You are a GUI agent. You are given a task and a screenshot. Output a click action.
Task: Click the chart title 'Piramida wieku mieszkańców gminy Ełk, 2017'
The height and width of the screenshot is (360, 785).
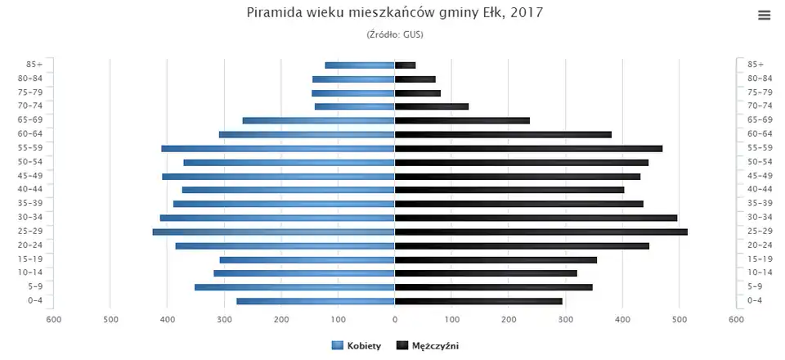click(394, 13)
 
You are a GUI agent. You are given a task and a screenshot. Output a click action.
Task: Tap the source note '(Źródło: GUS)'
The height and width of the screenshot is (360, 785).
click(394, 34)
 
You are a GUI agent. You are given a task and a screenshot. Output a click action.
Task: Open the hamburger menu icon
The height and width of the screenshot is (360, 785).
click(765, 15)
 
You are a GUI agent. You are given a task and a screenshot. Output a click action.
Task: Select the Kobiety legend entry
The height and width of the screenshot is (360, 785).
click(357, 346)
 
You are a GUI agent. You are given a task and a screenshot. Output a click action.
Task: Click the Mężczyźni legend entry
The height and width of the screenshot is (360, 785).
click(428, 346)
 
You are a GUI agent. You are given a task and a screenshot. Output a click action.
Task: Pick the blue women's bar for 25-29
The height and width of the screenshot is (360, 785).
click(274, 232)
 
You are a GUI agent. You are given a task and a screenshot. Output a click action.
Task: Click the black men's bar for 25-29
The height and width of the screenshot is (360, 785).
click(541, 232)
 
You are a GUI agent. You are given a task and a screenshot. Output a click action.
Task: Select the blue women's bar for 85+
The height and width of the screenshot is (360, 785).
click(360, 65)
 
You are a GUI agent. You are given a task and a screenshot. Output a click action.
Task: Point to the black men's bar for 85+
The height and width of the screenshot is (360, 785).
click(405, 65)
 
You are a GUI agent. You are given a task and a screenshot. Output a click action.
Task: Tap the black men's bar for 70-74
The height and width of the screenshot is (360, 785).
click(432, 106)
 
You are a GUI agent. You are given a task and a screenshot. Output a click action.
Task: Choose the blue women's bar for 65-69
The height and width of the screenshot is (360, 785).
click(319, 120)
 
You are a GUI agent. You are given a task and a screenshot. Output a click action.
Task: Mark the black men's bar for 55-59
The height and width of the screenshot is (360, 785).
click(528, 148)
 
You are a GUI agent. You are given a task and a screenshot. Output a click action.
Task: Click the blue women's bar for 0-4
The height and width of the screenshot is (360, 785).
click(316, 301)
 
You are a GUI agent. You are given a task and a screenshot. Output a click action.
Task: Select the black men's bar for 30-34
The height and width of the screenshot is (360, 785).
click(536, 218)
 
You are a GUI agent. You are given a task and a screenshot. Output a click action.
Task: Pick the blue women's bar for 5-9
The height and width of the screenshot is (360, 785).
click(294, 287)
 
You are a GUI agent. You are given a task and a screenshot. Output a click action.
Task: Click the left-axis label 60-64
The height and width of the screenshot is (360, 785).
click(35, 133)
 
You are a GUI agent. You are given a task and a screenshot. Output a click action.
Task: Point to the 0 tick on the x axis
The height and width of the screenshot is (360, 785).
click(395, 319)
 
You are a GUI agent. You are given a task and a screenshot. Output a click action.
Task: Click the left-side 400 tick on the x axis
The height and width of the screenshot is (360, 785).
click(168, 319)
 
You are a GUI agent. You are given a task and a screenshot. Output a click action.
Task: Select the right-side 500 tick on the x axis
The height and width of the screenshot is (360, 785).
click(679, 319)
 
